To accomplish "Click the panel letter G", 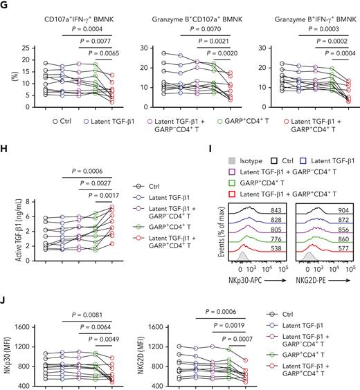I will (x=6, y=6).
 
